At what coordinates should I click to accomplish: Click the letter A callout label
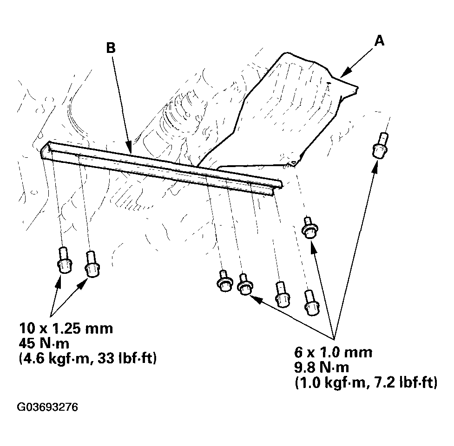point(380,41)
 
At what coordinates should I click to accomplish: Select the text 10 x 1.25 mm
point(66,329)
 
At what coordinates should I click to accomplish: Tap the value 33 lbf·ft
point(125,359)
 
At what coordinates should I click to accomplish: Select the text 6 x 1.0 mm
point(333,352)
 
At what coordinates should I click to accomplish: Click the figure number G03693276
point(47,407)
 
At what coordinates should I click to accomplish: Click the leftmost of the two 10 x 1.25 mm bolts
point(64,260)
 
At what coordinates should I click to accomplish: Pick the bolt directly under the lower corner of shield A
point(309,227)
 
